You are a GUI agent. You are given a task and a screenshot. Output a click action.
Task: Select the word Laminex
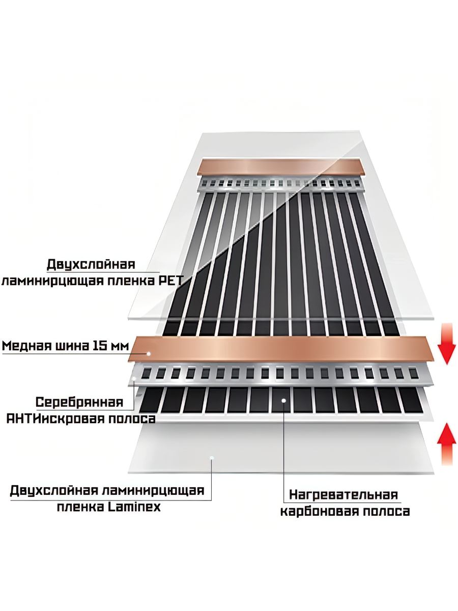(x=134, y=507)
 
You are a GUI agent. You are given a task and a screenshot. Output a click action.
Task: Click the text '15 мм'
(x=107, y=346)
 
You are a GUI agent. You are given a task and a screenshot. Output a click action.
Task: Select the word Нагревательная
(x=343, y=494)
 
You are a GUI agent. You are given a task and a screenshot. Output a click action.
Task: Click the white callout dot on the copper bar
(x=149, y=353)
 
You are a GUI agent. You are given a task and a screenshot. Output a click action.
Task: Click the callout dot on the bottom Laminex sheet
(x=212, y=458)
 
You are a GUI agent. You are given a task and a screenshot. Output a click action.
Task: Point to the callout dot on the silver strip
(x=134, y=377)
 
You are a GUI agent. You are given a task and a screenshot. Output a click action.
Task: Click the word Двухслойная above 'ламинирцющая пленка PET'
(x=91, y=265)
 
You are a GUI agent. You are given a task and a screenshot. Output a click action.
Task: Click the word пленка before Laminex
(x=80, y=507)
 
